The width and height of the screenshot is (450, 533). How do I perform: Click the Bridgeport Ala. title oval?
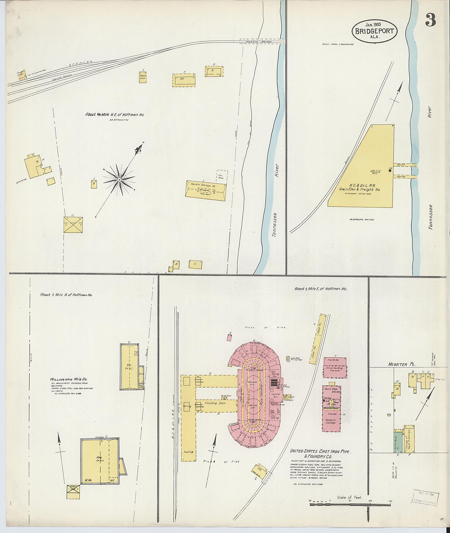pyautogui.click(x=375, y=31)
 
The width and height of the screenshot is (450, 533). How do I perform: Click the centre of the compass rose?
pyautogui.click(x=119, y=180)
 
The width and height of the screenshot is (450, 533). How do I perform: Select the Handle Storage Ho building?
pyautogui.click(x=205, y=191)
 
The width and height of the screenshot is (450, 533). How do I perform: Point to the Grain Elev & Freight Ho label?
pyautogui.click(x=359, y=189)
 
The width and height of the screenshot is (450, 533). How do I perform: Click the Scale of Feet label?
pyautogui.click(x=349, y=497)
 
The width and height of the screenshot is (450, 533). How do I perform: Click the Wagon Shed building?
pyautogui.click(x=142, y=77)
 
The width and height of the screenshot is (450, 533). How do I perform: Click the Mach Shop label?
pyautogui.click(x=331, y=389)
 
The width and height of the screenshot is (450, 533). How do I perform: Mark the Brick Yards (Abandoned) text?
pyautogui.click(x=338, y=44)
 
